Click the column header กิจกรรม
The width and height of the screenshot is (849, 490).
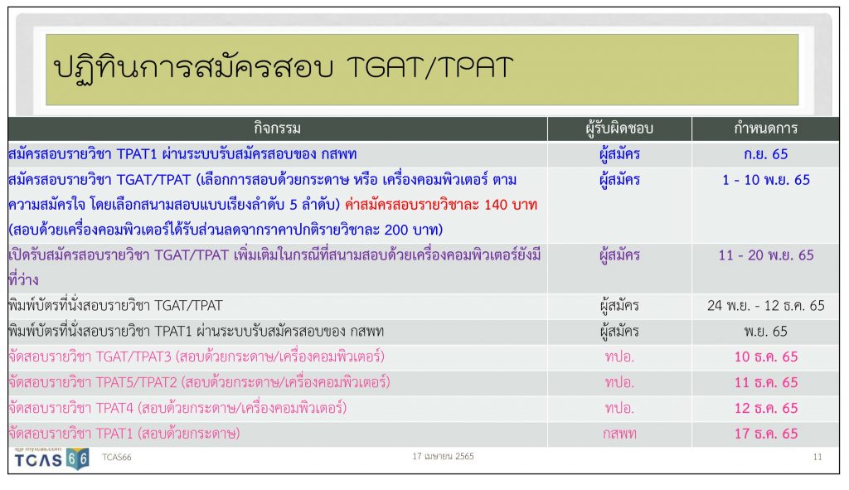(x=277, y=129)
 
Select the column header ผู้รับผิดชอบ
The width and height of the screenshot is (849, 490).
(x=619, y=129)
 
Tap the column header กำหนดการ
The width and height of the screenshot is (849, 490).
(x=765, y=129)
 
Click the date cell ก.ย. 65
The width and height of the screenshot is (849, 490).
(x=765, y=154)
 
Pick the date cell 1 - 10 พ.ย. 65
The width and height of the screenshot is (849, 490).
(x=765, y=180)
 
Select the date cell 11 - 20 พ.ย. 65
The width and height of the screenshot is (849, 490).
(x=765, y=255)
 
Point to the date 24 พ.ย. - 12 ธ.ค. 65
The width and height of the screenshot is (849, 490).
(x=765, y=305)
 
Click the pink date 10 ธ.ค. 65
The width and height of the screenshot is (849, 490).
(x=765, y=357)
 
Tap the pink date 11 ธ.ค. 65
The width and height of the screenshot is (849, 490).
(x=765, y=382)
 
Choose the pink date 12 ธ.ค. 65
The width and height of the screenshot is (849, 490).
(x=765, y=408)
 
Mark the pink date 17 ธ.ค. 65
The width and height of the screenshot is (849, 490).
(x=765, y=433)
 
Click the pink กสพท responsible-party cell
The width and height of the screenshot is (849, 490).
(x=619, y=434)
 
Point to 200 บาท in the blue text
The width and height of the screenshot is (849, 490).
(x=410, y=230)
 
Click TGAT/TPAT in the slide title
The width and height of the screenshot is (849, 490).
(x=429, y=68)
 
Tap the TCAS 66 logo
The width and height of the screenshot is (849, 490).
(x=51, y=459)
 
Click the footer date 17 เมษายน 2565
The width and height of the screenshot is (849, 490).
(x=443, y=457)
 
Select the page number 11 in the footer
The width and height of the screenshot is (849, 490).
(x=817, y=457)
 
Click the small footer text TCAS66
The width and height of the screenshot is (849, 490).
(x=116, y=457)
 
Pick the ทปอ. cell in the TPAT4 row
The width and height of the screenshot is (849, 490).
(x=619, y=408)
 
